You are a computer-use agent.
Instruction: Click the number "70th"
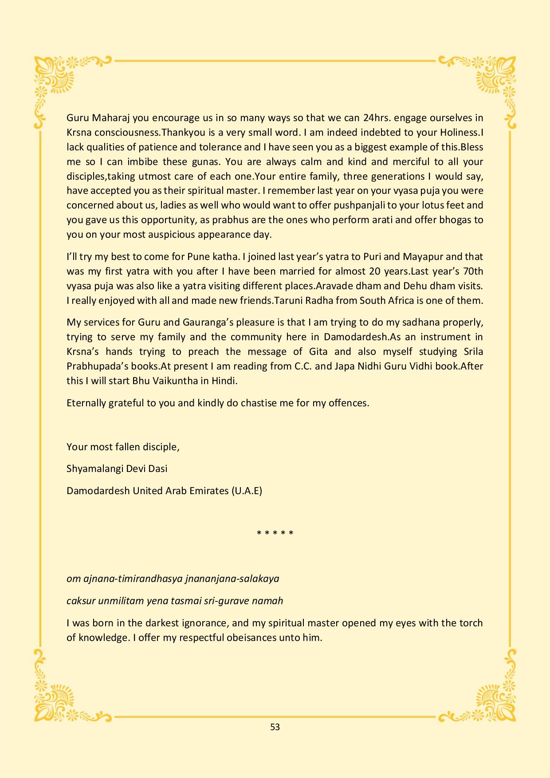tap(472, 271)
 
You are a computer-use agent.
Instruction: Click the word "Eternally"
tap(86, 403)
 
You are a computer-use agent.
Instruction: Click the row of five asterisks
tap(275, 533)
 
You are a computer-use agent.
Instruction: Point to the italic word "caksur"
tap(81, 601)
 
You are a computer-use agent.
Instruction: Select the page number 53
tap(275, 727)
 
